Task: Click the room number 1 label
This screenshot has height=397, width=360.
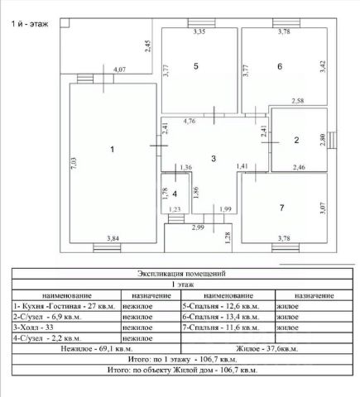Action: coord(112,150)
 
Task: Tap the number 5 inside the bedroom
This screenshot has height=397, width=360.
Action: coord(196,66)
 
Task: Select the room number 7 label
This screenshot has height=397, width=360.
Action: coord(281,208)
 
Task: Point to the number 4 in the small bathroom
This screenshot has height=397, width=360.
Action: coord(175,194)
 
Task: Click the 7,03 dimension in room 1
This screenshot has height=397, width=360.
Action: coord(74,163)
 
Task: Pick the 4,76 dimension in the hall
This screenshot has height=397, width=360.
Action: coord(190,121)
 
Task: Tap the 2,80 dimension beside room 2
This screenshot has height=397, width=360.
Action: coord(323,140)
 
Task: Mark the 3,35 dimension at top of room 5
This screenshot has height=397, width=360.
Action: coord(199,31)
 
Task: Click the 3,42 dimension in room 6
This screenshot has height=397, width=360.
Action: coord(323,67)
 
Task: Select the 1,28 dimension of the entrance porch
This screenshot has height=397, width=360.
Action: coord(228,238)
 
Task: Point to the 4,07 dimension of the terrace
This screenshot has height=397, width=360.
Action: coord(119,69)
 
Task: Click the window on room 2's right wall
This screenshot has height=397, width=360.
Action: coord(332,141)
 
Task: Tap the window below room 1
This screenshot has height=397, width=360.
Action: coord(107,248)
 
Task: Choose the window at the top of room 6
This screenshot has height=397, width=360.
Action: coord(286,23)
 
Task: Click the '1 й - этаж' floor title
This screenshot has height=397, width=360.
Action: coord(30,24)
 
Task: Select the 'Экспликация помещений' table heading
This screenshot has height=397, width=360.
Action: coord(181,274)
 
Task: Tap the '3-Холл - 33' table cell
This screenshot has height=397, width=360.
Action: coord(33,328)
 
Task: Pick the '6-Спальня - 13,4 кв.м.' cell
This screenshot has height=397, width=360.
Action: coord(221,317)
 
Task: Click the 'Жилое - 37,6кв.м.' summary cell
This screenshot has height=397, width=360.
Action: coord(266,349)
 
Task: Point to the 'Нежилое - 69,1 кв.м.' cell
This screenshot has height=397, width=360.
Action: coord(97,349)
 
